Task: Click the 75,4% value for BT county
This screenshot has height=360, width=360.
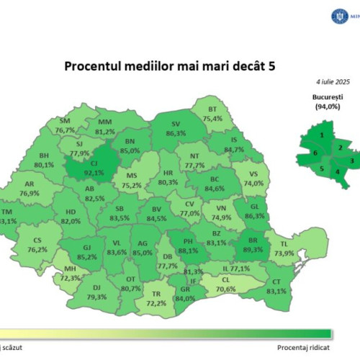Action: coord(212,118)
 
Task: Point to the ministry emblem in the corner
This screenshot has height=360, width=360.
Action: coord(318,14)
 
